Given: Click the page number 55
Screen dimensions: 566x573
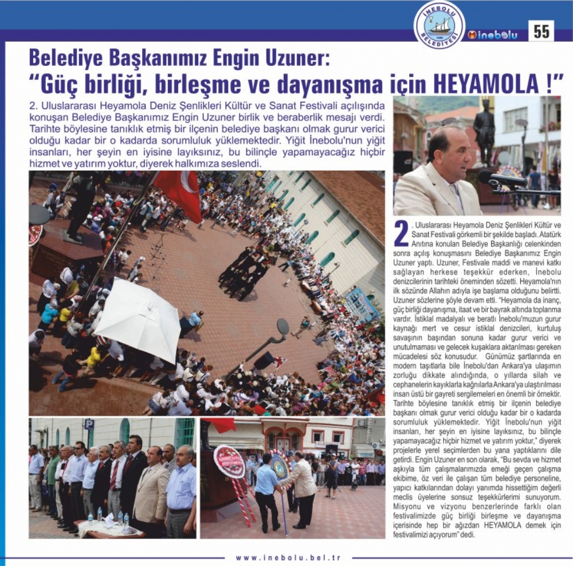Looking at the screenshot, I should click(541, 32).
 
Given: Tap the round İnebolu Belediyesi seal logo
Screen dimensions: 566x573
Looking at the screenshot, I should click(439, 25).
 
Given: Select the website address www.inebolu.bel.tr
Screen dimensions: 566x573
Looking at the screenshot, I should click(288, 557).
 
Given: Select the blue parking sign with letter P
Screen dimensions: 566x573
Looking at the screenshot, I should click(89, 424).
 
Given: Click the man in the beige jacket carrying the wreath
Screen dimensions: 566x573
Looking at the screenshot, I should click(303, 487).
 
